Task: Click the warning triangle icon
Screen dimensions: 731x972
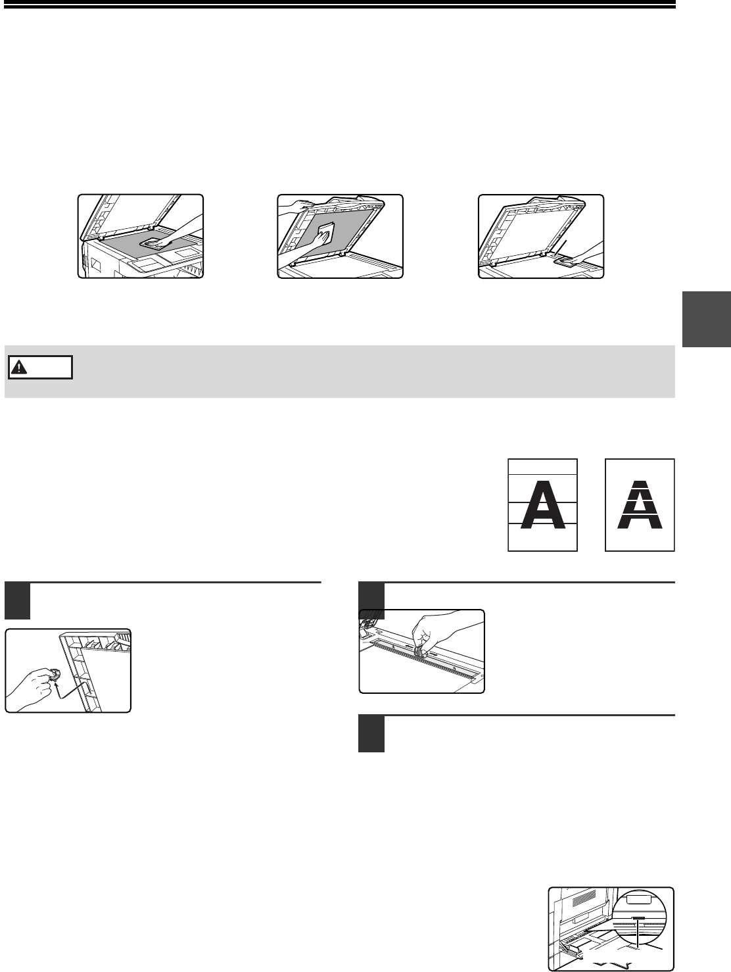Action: (19, 367)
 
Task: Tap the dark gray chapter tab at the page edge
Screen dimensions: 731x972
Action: (707, 319)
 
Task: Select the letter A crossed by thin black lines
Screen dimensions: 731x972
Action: (543, 504)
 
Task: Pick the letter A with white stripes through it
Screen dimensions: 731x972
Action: (640, 504)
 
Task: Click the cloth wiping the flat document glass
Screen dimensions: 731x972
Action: (151, 243)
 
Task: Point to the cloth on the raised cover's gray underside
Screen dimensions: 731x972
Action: (325, 233)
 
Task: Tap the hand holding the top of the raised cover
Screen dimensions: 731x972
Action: (296, 205)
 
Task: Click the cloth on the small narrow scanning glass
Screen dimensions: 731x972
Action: (565, 262)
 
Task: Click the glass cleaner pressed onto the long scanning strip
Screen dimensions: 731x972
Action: (418, 651)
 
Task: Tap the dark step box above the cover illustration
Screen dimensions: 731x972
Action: (17, 602)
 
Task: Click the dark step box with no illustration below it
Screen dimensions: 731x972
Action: (371, 734)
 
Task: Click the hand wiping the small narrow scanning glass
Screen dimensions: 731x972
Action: (586, 254)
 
